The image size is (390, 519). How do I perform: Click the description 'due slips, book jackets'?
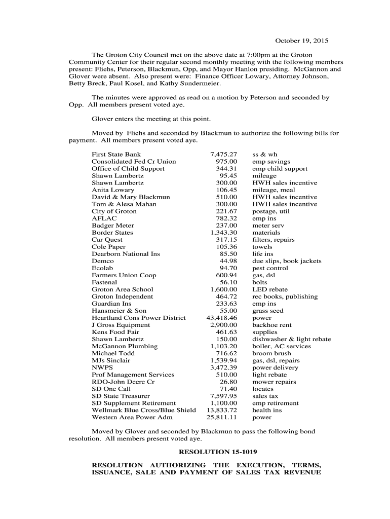[x=287, y=261]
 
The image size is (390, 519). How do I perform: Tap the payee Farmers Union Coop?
[x=124, y=275]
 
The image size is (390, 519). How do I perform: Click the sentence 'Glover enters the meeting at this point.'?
[x=150, y=119]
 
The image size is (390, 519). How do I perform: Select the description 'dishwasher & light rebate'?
[x=292, y=339]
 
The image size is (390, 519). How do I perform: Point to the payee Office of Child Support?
[x=128, y=169]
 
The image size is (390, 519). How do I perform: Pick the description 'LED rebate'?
[x=270, y=289]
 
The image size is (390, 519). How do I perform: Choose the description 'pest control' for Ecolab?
[x=270, y=268]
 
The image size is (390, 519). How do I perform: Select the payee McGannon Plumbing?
[x=125, y=346]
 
